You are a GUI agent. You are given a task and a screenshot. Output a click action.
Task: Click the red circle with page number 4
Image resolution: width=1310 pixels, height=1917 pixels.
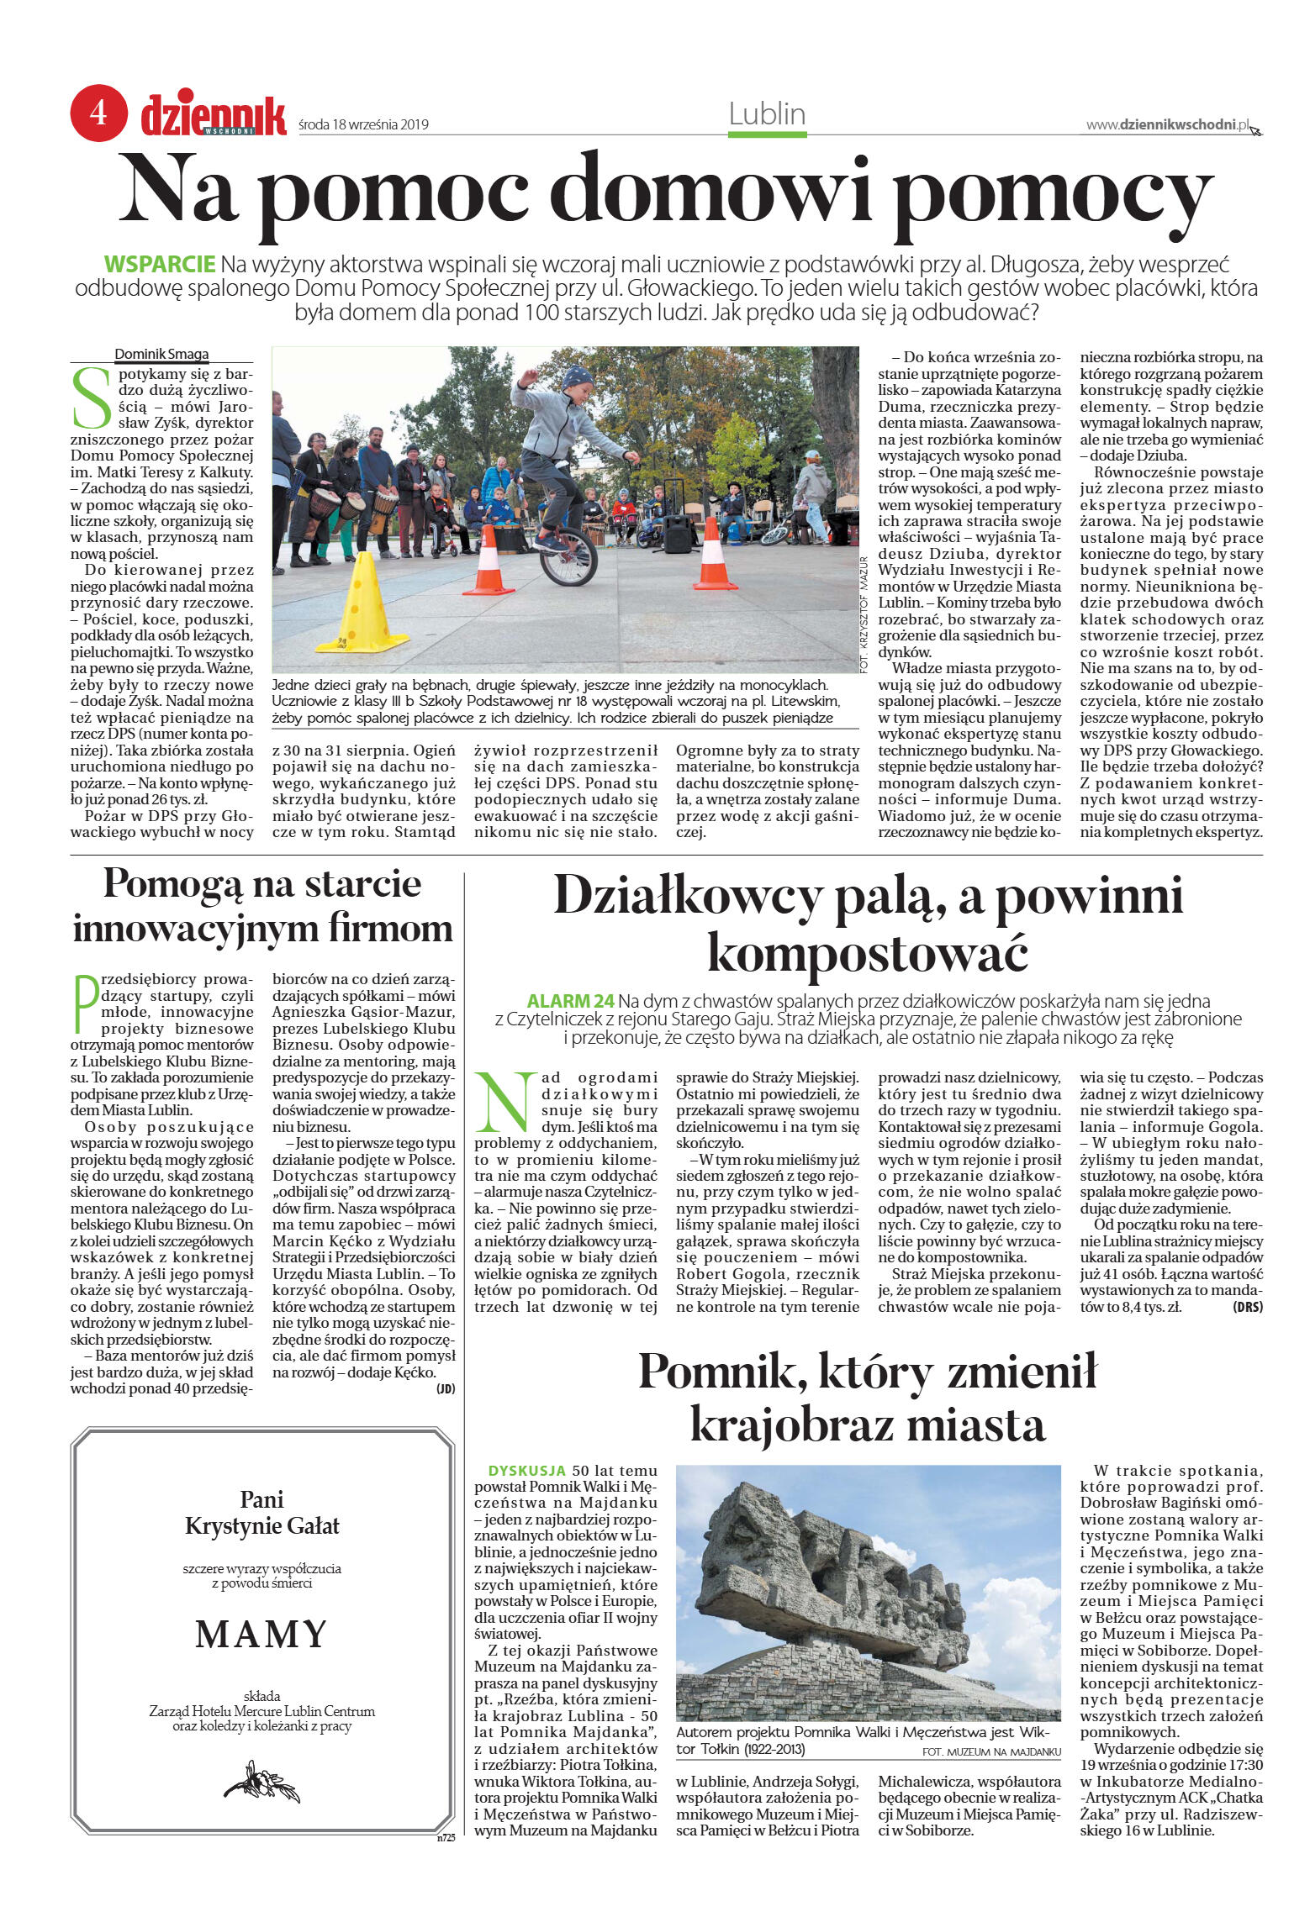tap(98, 113)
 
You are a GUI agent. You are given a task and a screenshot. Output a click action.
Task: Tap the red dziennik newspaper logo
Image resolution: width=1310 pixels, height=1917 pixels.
tap(214, 116)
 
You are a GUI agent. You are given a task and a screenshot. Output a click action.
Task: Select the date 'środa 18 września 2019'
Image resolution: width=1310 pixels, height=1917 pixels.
tap(363, 125)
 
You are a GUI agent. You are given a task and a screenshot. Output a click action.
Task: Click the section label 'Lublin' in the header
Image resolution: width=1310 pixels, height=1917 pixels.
tap(767, 114)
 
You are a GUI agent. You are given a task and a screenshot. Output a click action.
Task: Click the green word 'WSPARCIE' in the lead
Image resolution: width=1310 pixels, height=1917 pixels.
tap(160, 264)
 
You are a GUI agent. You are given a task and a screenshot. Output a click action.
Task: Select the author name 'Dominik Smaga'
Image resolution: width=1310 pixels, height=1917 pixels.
tap(161, 354)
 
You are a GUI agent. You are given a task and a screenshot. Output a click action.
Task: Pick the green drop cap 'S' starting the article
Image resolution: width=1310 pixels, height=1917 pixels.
tap(92, 397)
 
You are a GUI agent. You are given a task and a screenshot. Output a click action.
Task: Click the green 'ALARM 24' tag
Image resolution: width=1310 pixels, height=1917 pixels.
tap(570, 1001)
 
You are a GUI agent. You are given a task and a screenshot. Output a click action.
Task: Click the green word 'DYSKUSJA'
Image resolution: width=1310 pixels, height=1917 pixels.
tap(526, 1471)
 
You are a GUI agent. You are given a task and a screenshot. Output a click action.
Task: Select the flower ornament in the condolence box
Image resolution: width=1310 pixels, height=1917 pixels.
tap(261, 1780)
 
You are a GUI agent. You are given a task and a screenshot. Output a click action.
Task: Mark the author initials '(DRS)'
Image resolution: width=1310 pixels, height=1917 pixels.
tap(1247, 1307)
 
